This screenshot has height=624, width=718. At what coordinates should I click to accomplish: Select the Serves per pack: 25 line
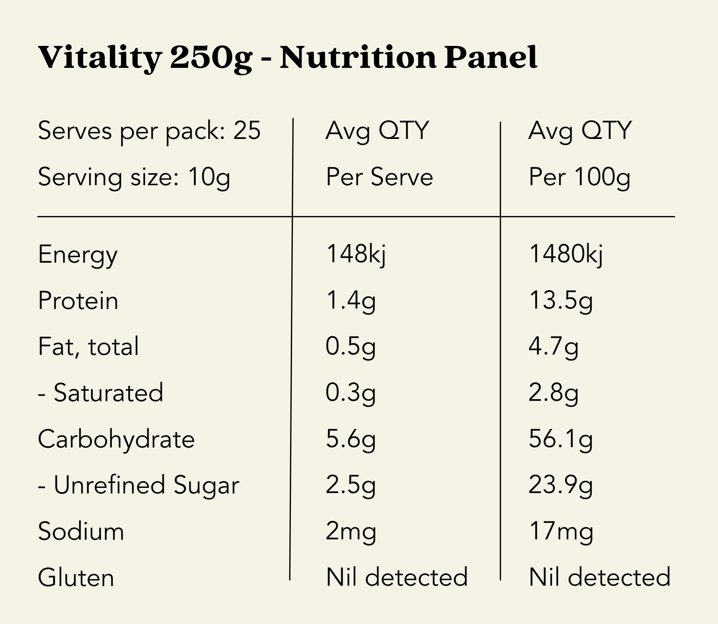pyautogui.click(x=149, y=131)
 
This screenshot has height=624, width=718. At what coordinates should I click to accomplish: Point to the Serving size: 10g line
pyautogui.click(x=134, y=177)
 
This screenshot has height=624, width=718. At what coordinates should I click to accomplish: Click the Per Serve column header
pyautogui.click(x=379, y=177)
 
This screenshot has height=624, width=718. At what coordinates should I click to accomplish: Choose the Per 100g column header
pyautogui.click(x=579, y=177)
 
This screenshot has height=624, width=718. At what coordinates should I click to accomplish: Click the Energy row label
pyautogui.click(x=78, y=255)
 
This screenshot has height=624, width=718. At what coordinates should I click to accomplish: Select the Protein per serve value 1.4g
pyautogui.click(x=351, y=301)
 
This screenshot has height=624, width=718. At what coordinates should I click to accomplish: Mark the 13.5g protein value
pyautogui.click(x=561, y=301)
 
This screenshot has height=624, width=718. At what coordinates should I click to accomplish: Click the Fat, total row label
pyautogui.click(x=88, y=347)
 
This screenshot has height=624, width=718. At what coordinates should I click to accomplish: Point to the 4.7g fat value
pyautogui.click(x=553, y=347)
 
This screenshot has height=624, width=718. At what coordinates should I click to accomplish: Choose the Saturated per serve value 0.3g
pyautogui.click(x=351, y=393)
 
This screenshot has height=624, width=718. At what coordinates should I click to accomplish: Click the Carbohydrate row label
pyautogui.click(x=116, y=439)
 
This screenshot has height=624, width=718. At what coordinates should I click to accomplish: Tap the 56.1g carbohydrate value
pyautogui.click(x=561, y=439)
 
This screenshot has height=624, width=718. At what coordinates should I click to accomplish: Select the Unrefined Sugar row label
pyautogui.click(x=138, y=485)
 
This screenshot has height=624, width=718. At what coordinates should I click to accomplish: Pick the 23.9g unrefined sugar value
pyautogui.click(x=561, y=485)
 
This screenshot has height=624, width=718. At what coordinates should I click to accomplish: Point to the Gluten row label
pyautogui.click(x=76, y=578)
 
